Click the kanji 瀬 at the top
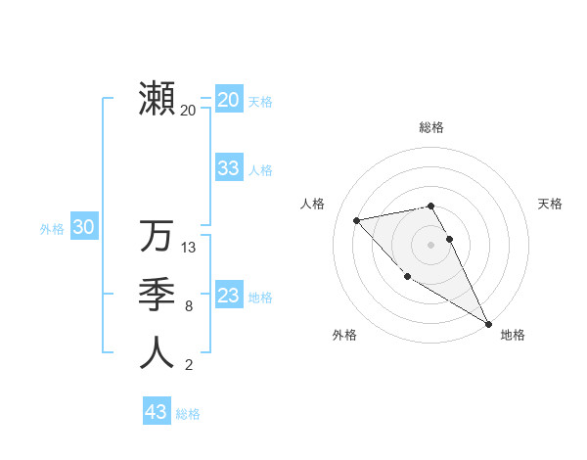[157, 98]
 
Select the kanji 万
[157, 236]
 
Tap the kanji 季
[157, 295]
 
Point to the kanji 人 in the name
[157, 352]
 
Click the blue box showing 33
[228, 168]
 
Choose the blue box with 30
[83, 228]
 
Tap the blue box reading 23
[228, 296]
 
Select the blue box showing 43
[157, 412]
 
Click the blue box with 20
[228, 100]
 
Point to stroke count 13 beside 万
[189, 248]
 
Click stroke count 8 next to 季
[189, 306]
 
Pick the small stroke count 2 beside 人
[189, 365]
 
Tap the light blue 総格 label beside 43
[188, 414]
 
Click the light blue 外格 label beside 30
[52, 229]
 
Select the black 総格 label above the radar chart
[430, 127]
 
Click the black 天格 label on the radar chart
[550, 204]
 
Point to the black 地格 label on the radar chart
[513, 335]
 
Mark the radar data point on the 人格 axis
[357, 220]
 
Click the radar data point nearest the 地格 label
[488, 323]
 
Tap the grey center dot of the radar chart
[430, 244]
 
